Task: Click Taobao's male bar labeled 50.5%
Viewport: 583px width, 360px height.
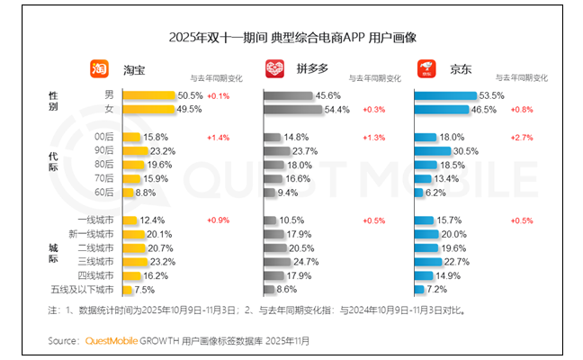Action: (148, 95)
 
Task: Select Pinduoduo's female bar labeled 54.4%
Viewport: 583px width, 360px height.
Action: (292, 109)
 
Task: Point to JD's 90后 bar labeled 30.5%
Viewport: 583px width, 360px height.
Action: (432, 151)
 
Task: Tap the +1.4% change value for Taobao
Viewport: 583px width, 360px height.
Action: (219, 137)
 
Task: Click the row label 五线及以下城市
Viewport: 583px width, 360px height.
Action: (82, 290)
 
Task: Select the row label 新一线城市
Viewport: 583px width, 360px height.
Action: (94, 234)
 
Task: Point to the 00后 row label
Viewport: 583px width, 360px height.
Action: (103, 137)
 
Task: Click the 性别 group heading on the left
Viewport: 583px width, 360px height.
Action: (53, 102)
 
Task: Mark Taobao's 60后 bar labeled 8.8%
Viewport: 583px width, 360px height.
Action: (130, 193)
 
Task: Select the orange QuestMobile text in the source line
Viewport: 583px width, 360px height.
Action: (112, 340)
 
